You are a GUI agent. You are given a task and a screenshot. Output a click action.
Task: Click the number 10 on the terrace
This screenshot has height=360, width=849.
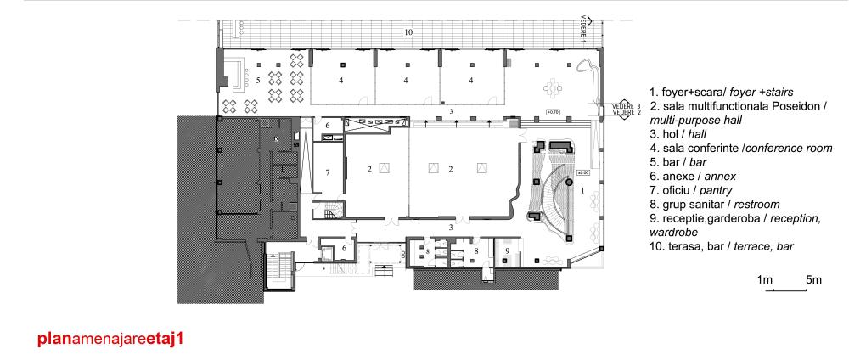(x=408, y=31)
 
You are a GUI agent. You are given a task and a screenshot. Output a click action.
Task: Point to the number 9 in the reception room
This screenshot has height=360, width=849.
(x=507, y=250)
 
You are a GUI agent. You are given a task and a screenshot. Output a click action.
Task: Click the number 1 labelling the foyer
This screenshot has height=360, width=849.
(x=583, y=192)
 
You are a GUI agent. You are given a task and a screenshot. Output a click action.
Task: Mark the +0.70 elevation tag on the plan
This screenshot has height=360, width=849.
(x=553, y=112)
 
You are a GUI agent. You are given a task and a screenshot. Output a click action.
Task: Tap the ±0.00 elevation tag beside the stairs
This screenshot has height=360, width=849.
(x=583, y=173)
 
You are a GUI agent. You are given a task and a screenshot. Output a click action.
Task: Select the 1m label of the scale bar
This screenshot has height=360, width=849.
(x=764, y=279)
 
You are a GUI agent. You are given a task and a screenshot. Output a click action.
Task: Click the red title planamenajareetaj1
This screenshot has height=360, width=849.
(x=110, y=337)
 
